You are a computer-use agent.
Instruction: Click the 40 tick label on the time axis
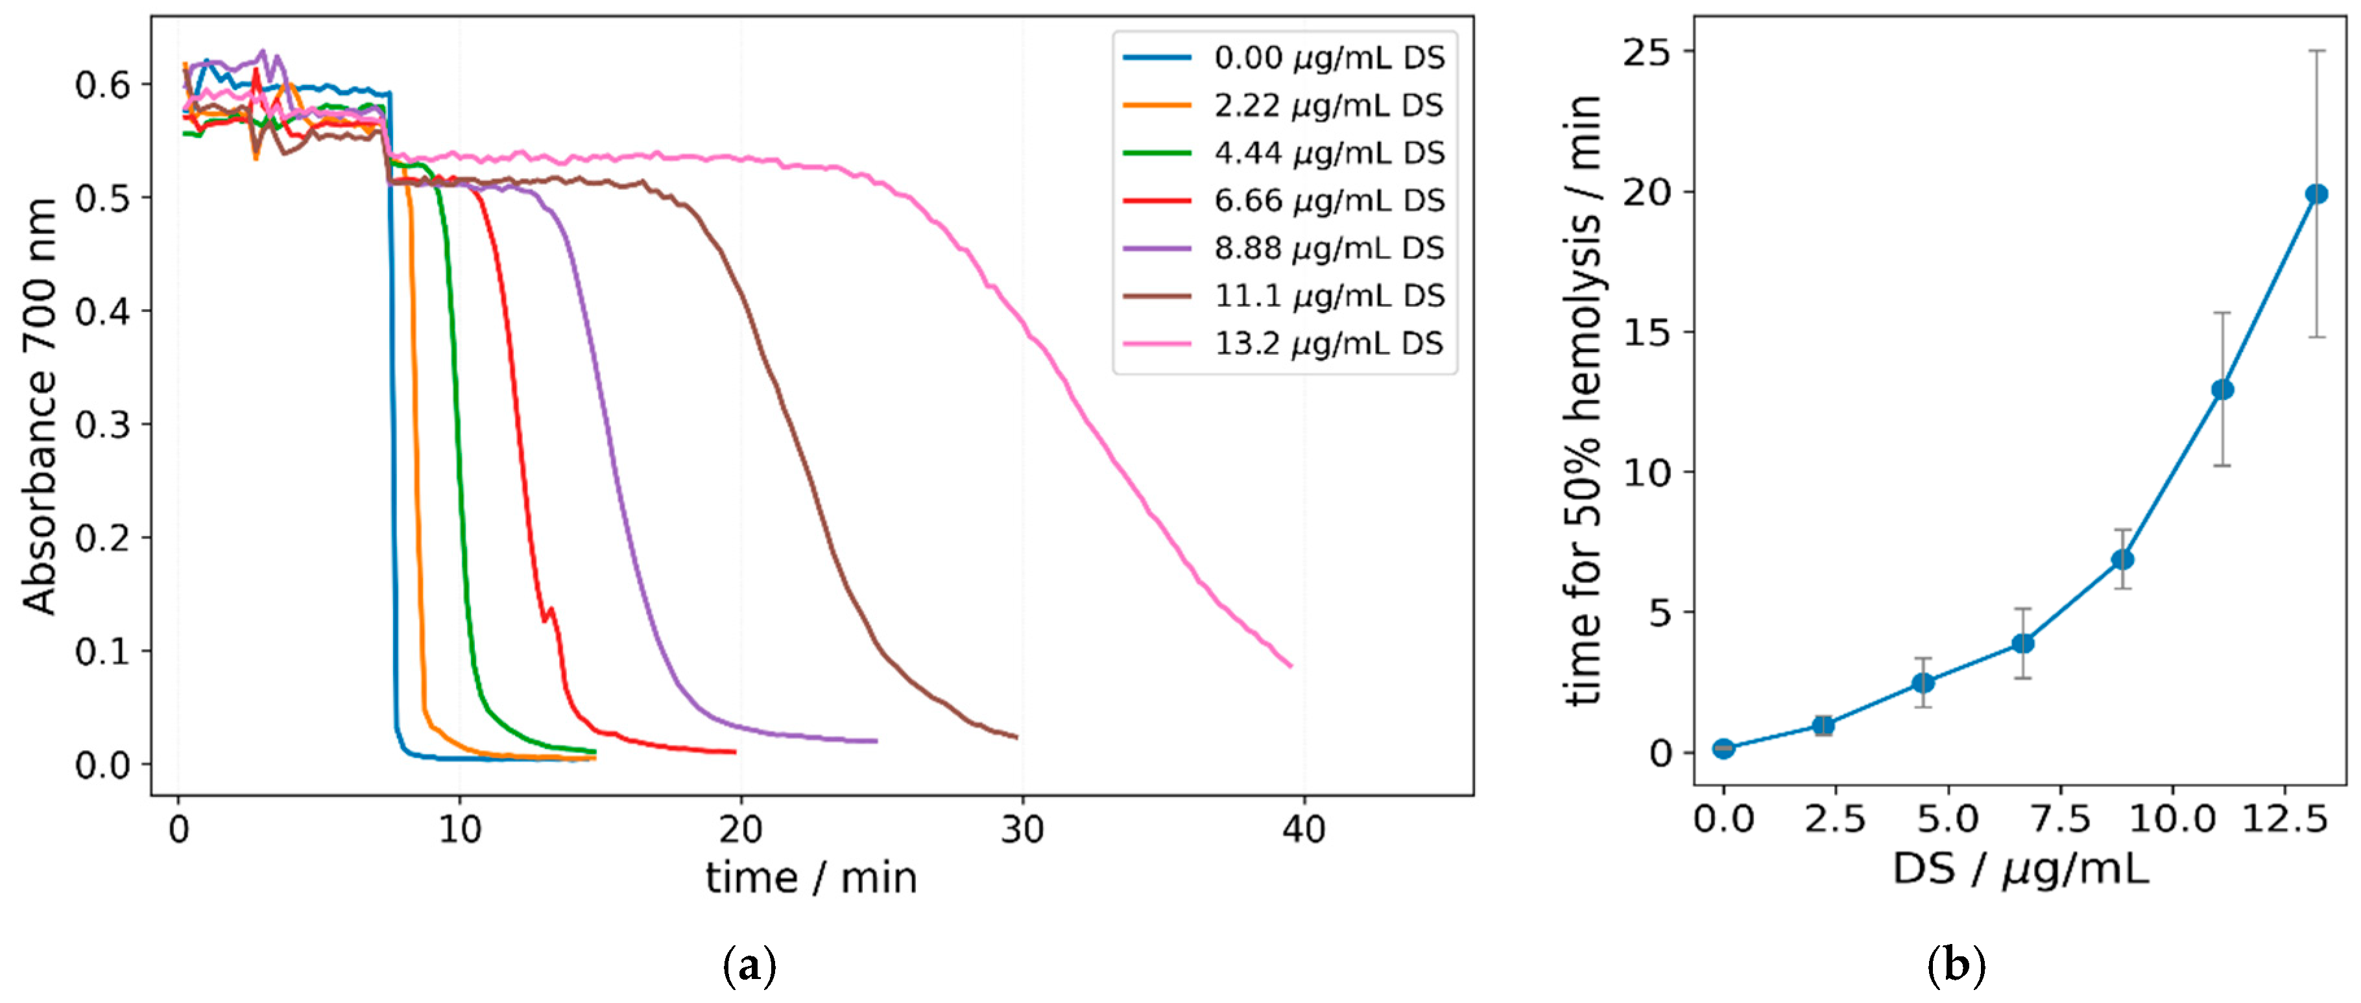pyautogui.click(x=1303, y=829)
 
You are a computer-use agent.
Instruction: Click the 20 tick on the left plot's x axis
pyautogui.click(x=741, y=829)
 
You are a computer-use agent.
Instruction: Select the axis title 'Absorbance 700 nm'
pyautogui.click(x=40, y=406)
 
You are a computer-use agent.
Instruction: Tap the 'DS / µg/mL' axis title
pyautogui.click(x=2020, y=868)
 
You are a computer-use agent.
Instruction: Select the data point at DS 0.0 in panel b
pyautogui.click(x=1723, y=748)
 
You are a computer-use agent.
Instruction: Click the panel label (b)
pyautogui.click(x=1956, y=965)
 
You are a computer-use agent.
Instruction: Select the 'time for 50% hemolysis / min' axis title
pyautogui.click(x=1583, y=400)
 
